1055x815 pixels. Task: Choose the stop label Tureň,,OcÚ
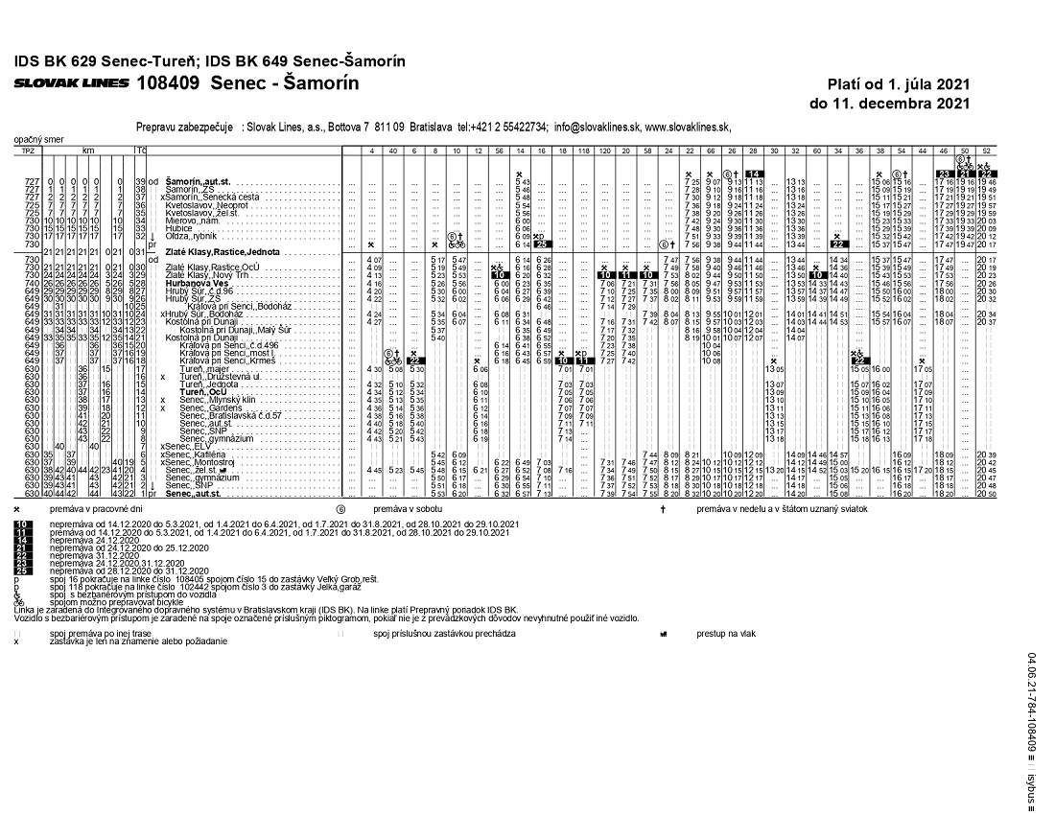(202, 392)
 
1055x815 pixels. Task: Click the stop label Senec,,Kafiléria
(194, 454)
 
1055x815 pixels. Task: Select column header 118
(585, 151)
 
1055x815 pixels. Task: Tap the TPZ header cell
(28, 151)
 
